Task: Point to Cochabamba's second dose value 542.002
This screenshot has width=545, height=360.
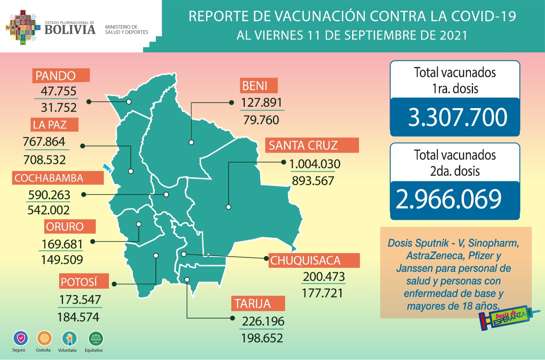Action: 49,210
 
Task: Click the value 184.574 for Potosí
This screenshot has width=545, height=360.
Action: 78,317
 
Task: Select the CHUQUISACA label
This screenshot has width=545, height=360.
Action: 314,260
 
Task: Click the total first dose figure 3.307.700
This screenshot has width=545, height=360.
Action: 457,117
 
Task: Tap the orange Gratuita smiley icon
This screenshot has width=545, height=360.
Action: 44,339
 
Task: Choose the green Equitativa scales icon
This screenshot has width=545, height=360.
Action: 96,339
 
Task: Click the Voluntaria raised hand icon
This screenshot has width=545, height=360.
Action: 69,339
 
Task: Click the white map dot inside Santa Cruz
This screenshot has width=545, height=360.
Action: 229,207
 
